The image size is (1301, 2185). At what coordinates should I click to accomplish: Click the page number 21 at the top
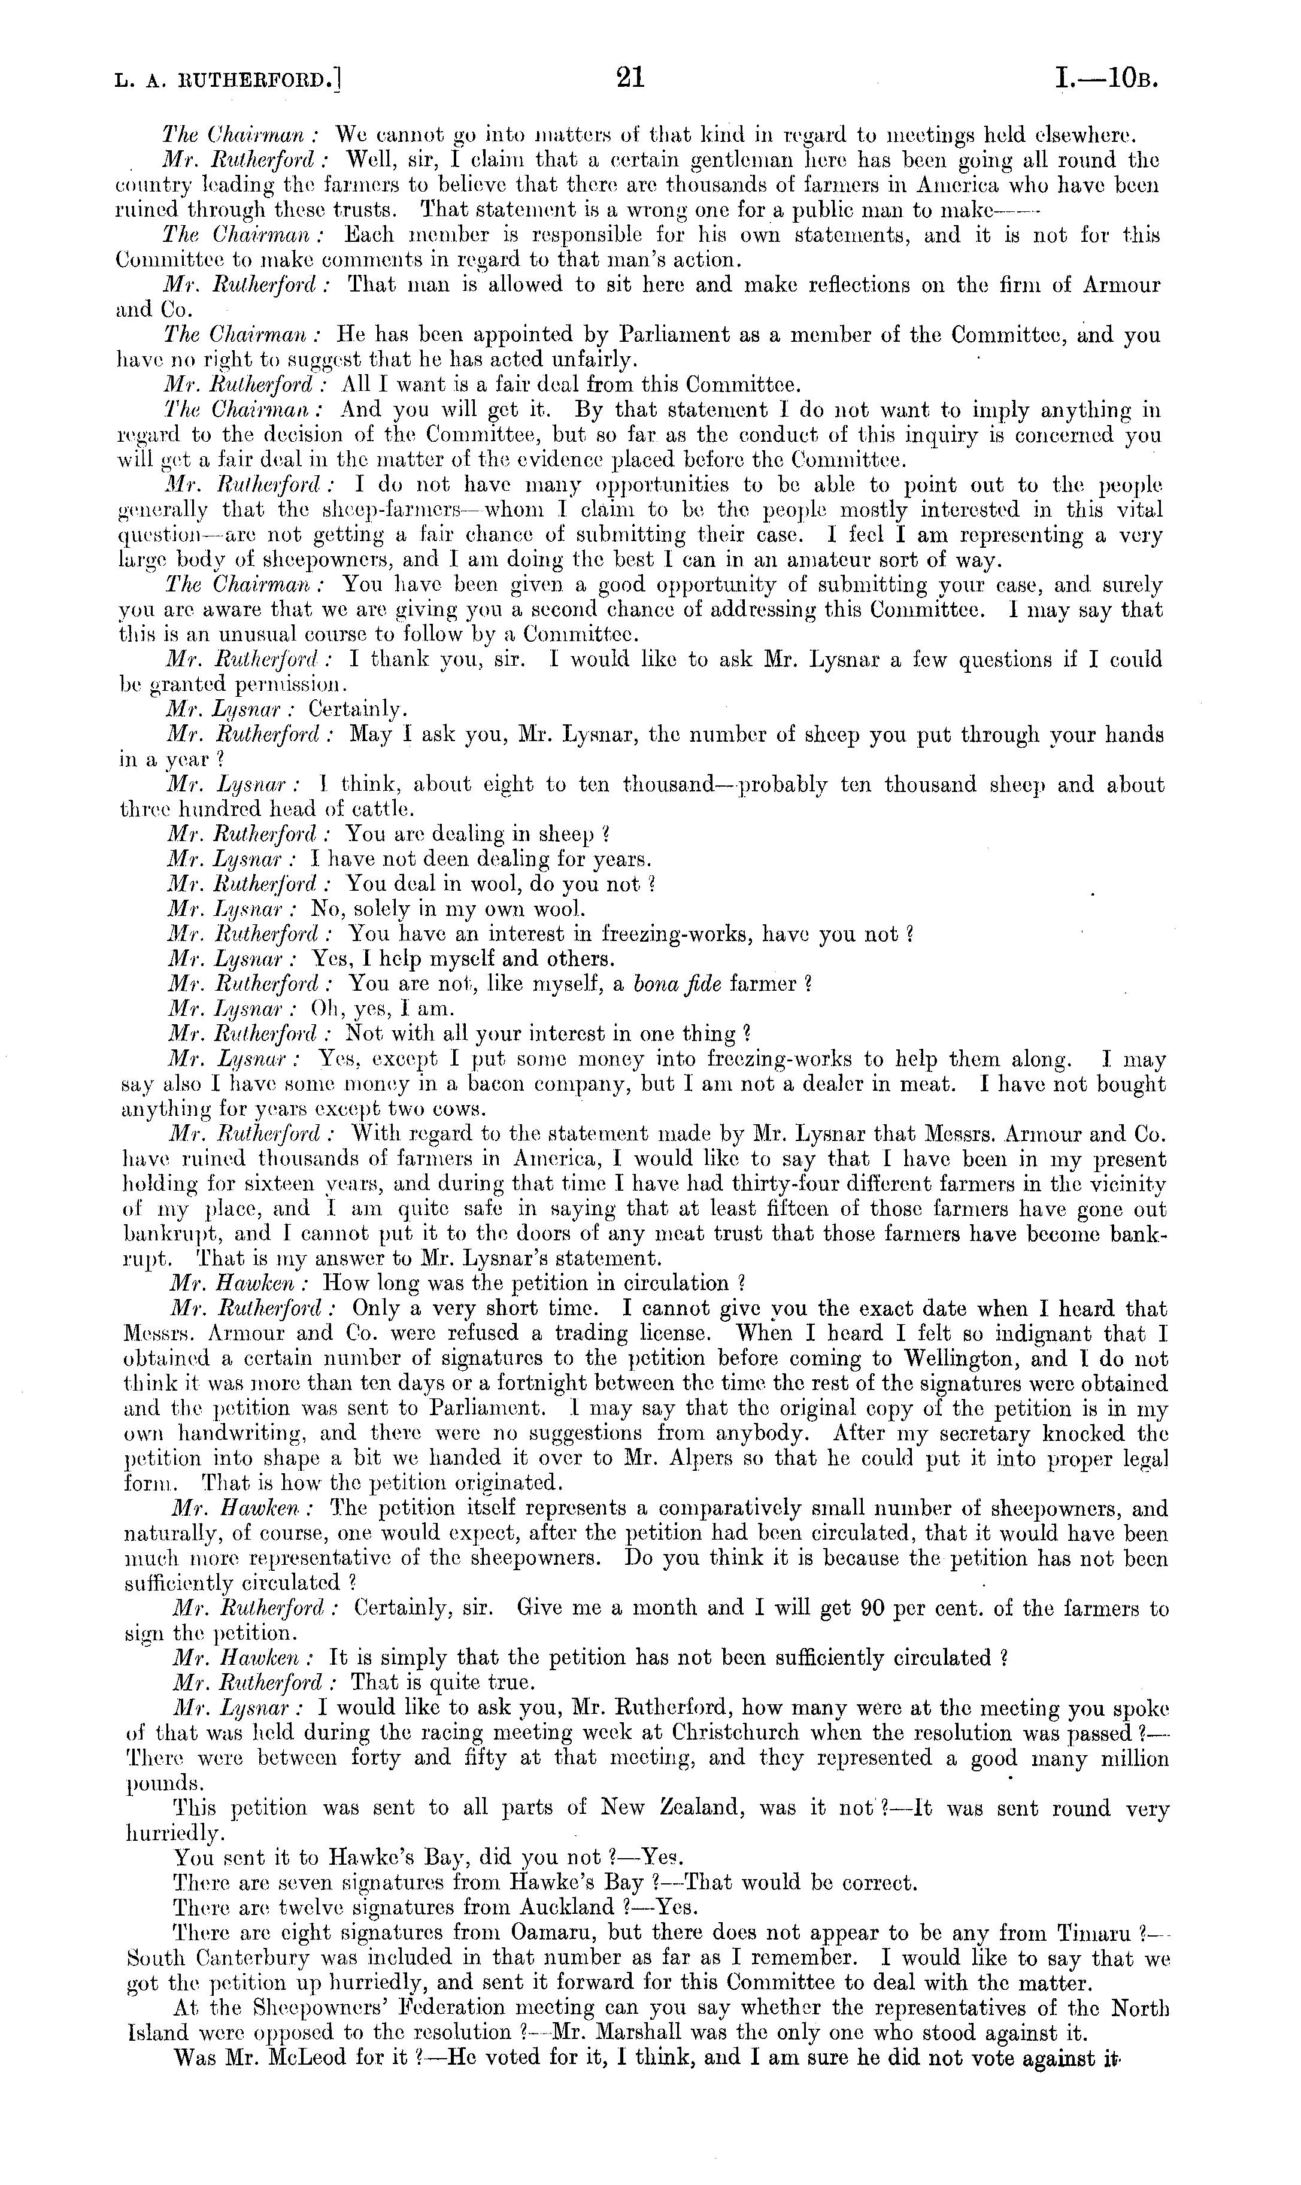pyautogui.click(x=630, y=79)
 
